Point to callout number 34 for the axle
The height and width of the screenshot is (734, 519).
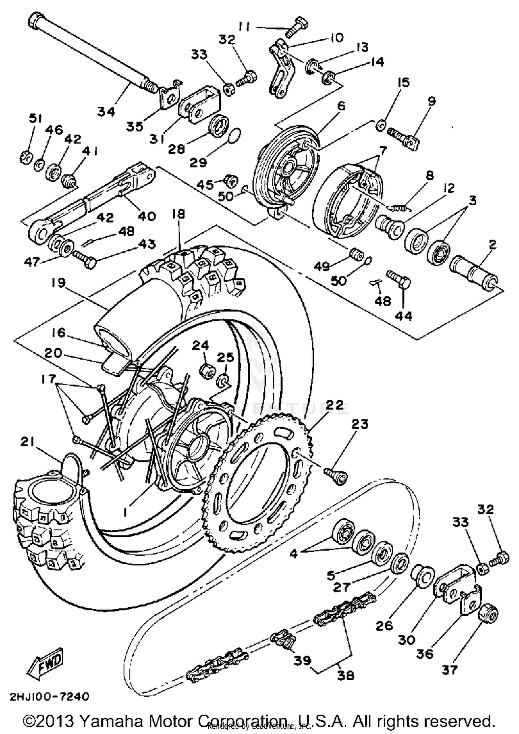coord(106,111)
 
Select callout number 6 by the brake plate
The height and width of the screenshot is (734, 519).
coord(341,106)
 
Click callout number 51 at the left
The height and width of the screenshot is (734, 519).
coord(35,119)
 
